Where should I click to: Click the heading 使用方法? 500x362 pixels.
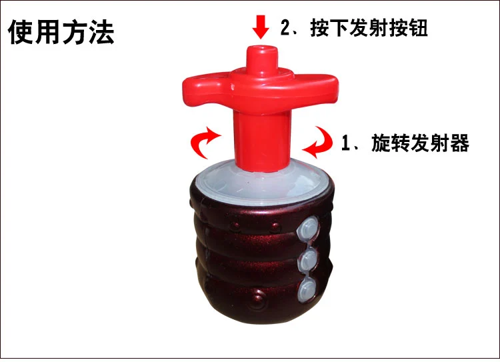61,32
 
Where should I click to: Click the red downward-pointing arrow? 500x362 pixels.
261,27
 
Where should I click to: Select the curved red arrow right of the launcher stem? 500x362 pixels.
319,142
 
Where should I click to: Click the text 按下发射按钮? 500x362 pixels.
369,28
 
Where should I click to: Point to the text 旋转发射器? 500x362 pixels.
420,143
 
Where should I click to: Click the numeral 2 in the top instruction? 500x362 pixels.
285,28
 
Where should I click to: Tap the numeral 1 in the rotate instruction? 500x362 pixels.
345,143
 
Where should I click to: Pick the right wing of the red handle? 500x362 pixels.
316,89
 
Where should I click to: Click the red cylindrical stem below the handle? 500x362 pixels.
261,141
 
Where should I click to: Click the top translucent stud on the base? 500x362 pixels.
308,227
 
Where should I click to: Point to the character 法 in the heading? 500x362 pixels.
101,32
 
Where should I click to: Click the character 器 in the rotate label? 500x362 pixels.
460,143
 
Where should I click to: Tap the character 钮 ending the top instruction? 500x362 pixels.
418,28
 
